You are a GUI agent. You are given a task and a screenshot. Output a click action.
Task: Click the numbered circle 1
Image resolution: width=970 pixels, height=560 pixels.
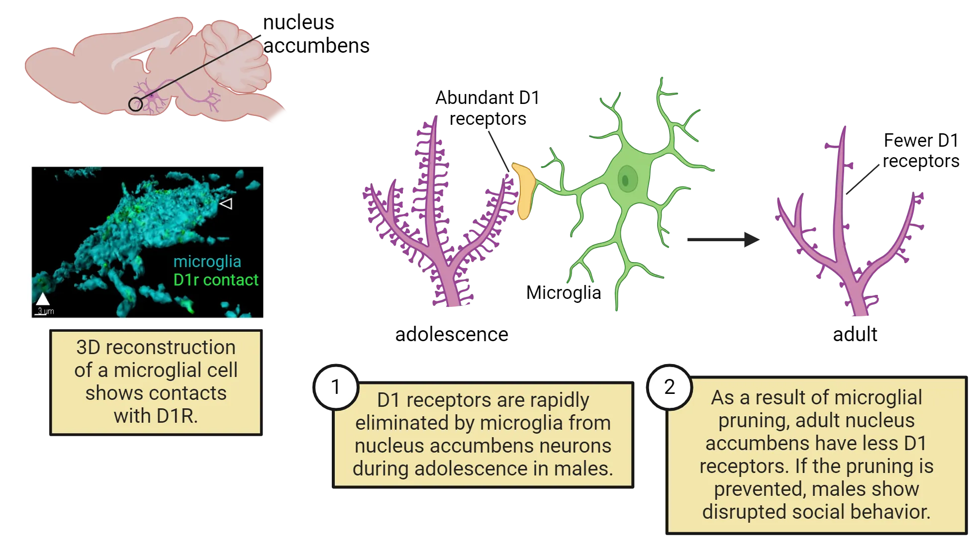click(336, 387)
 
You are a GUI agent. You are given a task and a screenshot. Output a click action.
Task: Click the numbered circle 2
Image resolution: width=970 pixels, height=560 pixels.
click(670, 387)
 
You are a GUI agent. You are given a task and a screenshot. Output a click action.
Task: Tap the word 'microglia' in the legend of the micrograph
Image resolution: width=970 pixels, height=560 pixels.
click(207, 262)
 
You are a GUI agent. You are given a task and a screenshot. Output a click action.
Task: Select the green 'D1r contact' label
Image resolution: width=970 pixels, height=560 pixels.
click(216, 280)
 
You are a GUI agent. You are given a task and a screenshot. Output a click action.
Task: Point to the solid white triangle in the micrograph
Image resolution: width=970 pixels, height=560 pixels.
click(43, 299)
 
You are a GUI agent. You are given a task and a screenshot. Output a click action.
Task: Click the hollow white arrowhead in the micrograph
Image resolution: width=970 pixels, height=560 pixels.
click(226, 203)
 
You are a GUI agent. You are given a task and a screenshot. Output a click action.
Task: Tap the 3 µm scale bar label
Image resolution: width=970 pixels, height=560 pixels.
click(45, 311)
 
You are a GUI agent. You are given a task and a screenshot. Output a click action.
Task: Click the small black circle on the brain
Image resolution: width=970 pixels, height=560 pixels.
click(135, 104)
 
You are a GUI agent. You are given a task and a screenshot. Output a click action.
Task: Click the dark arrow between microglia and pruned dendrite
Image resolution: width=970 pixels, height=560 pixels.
click(721, 239)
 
